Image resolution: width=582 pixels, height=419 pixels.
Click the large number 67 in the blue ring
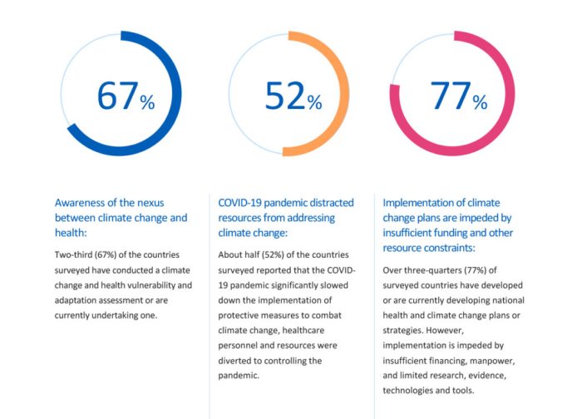116,96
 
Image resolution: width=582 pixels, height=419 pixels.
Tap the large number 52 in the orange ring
284,96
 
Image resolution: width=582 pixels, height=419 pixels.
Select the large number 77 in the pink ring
449,96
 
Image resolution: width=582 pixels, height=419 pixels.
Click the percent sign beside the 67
147,102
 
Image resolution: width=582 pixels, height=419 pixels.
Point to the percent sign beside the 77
480,102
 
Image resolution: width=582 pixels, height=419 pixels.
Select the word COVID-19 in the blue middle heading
242,202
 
